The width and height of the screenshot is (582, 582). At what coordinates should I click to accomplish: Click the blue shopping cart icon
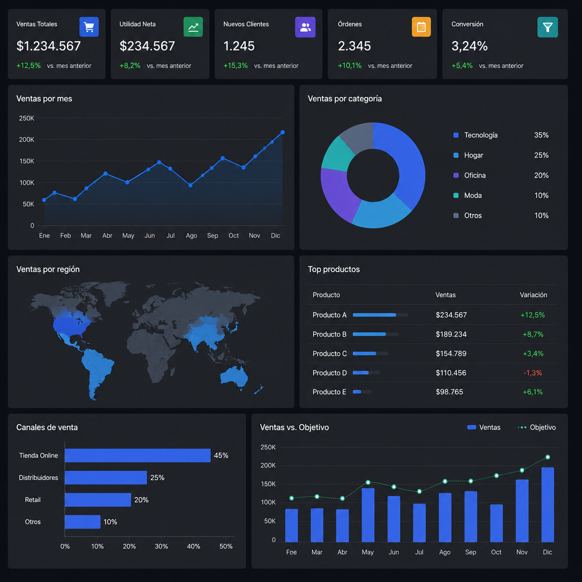point(89,27)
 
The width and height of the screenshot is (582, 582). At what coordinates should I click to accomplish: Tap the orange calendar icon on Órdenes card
point(421,27)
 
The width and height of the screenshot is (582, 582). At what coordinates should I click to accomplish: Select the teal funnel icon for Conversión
point(547,27)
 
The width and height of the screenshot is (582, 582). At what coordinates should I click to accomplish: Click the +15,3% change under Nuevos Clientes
point(235,65)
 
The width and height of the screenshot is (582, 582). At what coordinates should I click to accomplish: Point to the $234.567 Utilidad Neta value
point(147,46)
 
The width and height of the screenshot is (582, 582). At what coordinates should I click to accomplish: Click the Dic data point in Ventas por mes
point(282,132)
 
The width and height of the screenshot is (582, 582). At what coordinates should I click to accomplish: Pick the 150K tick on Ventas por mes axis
point(26,162)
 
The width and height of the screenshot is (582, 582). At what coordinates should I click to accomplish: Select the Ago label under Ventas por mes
point(191,236)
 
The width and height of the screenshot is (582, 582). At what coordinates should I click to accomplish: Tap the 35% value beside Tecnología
point(541,135)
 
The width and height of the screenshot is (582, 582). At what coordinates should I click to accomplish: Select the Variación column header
point(533,295)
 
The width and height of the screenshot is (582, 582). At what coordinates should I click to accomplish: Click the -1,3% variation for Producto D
point(532,373)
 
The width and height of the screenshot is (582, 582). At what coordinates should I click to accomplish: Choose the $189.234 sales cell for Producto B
point(451,334)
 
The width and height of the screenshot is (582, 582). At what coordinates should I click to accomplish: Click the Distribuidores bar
point(106,478)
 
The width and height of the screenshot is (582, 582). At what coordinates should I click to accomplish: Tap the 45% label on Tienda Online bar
point(221,455)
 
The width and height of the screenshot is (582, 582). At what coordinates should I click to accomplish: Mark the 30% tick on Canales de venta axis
point(162,546)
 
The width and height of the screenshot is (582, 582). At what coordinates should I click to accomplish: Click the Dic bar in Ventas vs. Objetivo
point(548,504)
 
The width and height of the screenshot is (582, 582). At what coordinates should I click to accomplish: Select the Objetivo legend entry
point(537,427)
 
